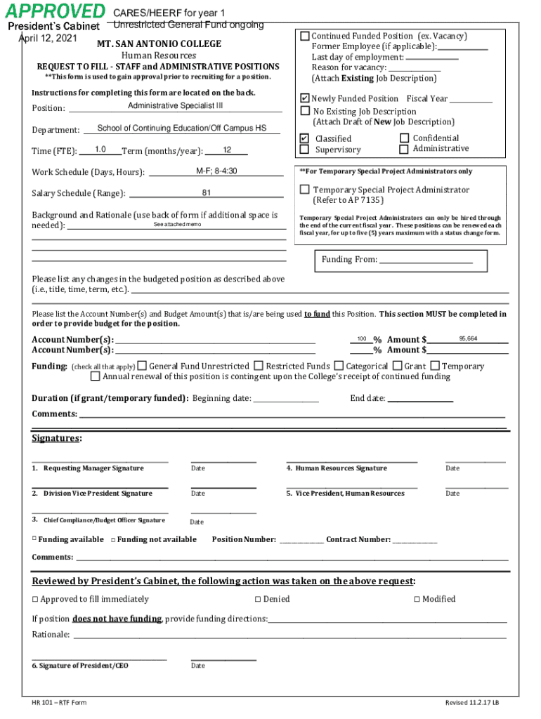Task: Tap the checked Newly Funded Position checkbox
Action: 304,98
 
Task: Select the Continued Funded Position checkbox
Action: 305,36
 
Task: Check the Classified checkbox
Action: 304,138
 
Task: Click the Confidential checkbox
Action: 404,138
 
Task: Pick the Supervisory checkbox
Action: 304,149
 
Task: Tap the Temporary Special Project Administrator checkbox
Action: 304,190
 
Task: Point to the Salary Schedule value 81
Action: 207,193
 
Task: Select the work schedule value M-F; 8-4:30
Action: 216,171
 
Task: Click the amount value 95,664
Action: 468,338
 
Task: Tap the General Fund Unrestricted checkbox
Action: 142,366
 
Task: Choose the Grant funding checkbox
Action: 398,366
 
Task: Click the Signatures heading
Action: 56,439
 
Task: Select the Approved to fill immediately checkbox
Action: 35,599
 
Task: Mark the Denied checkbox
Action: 257,599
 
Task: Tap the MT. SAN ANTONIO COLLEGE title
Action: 159,44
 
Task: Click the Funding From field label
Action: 349,260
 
